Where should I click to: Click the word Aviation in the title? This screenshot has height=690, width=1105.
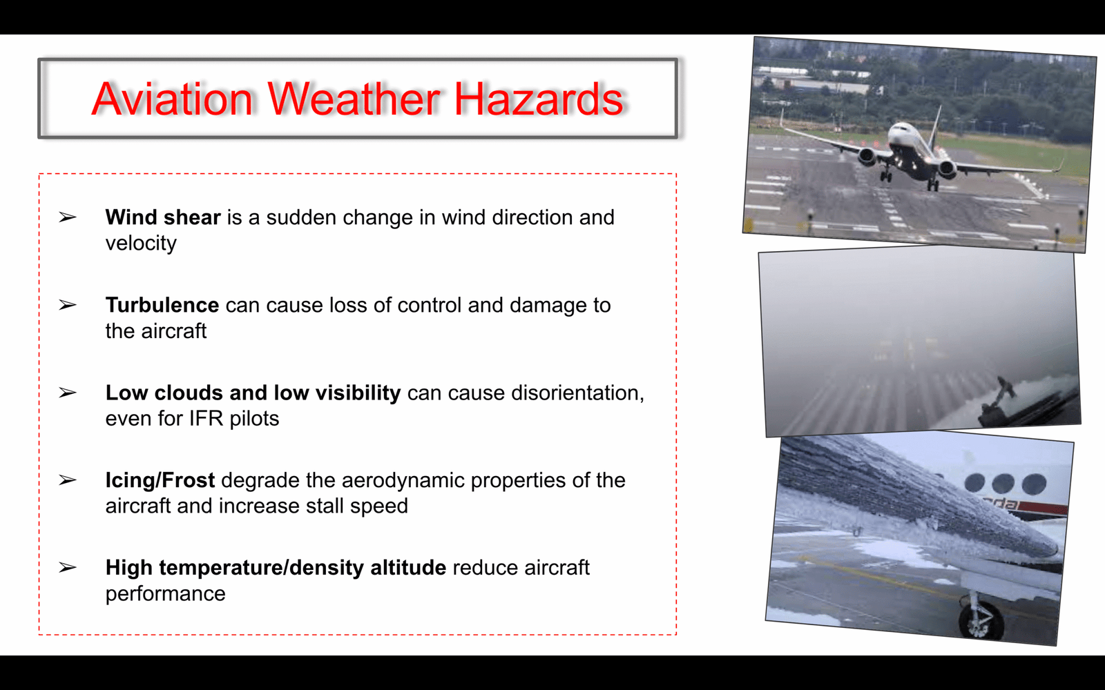point(172,99)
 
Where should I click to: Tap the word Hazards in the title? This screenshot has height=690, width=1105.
point(539,99)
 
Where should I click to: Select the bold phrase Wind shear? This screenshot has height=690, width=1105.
point(163,217)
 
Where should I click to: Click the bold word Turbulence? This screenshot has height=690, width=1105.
point(162,305)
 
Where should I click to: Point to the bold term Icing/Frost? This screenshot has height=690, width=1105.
point(160,480)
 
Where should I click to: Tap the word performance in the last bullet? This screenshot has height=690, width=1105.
point(165,594)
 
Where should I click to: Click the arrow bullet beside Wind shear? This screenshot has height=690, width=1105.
point(68,217)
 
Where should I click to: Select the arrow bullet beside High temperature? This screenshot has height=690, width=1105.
point(68,567)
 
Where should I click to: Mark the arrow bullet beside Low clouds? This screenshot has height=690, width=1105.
point(68,393)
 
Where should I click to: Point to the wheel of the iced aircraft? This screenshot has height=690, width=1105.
point(981,620)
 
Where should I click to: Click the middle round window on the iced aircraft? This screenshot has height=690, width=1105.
point(1003,483)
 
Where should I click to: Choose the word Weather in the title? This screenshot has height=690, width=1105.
point(354,99)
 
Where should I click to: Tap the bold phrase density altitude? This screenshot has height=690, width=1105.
point(367,568)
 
